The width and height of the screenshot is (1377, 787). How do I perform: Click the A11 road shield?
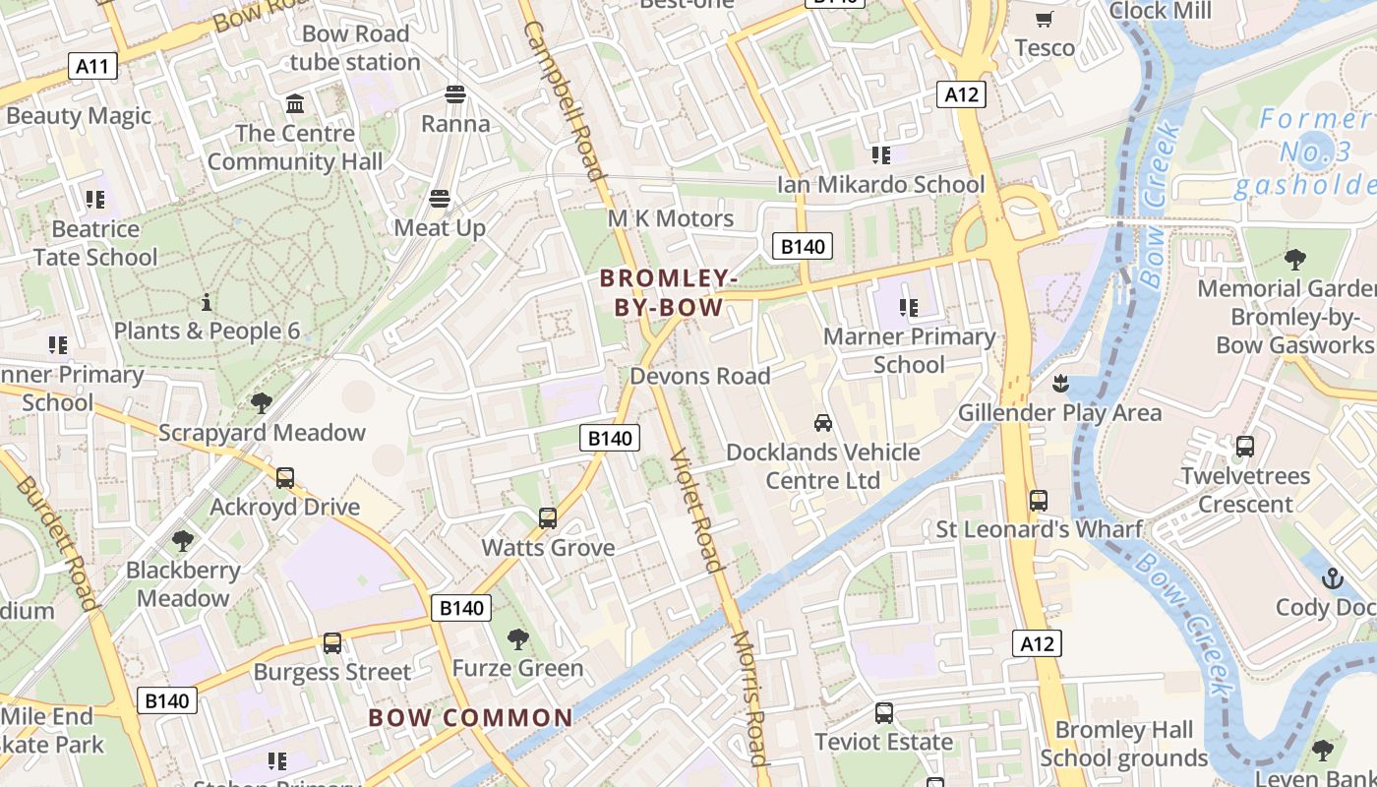pyautogui.click(x=92, y=67)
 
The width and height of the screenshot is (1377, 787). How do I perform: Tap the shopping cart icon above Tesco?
pyautogui.click(x=1045, y=19)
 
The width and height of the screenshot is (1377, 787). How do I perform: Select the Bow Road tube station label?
pyautogui.click(x=355, y=47)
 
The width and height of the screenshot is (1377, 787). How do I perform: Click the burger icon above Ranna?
pyautogui.click(x=454, y=94)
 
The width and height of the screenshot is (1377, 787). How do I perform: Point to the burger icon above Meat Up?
pyautogui.click(x=440, y=199)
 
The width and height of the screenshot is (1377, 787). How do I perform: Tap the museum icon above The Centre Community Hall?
pyautogui.click(x=294, y=103)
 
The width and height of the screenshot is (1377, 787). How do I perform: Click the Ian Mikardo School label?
pyautogui.click(x=880, y=185)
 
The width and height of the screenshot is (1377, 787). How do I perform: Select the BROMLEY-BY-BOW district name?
pyautogui.click(x=668, y=293)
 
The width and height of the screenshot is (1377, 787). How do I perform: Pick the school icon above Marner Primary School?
pyautogui.click(x=908, y=308)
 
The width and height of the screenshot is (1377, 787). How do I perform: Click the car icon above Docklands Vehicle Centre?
pyautogui.click(x=823, y=423)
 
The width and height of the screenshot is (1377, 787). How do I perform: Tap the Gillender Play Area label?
pyautogui.click(x=1059, y=412)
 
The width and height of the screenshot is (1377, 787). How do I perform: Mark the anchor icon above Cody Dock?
pyautogui.click(x=1333, y=577)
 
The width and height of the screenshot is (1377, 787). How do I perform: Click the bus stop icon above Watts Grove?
pyautogui.click(x=548, y=517)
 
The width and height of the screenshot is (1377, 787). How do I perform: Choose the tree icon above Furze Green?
pyautogui.click(x=517, y=639)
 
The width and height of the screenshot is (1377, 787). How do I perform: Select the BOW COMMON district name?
pyautogui.click(x=470, y=718)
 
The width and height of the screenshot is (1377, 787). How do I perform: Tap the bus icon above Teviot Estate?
pyautogui.click(x=884, y=713)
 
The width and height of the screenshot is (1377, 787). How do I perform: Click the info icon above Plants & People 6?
pyautogui.click(x=207, y=302)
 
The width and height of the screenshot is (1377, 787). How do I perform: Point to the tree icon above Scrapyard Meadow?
pyautogui.click(x=262, y=403)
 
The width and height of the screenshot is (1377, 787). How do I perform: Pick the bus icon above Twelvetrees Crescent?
pyautogui.click(x=1245, y=447)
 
